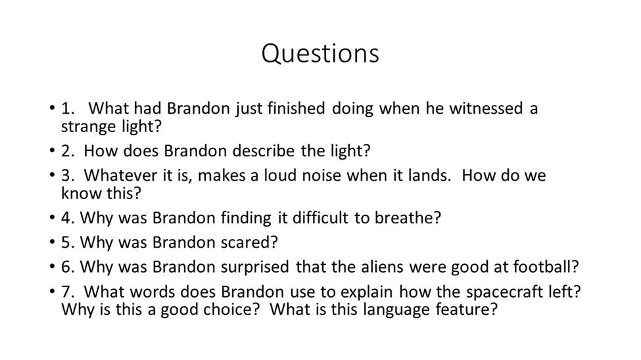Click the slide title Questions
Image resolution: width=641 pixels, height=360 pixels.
pos(320,53)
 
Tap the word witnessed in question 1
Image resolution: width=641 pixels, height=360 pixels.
pos(486,108)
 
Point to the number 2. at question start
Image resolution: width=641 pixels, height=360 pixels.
pos(68,151)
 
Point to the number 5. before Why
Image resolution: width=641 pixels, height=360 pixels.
pos(68,242)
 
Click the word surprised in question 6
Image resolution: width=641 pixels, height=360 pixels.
pos(255,267)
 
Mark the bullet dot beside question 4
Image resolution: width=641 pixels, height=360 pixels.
pos(52,217)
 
